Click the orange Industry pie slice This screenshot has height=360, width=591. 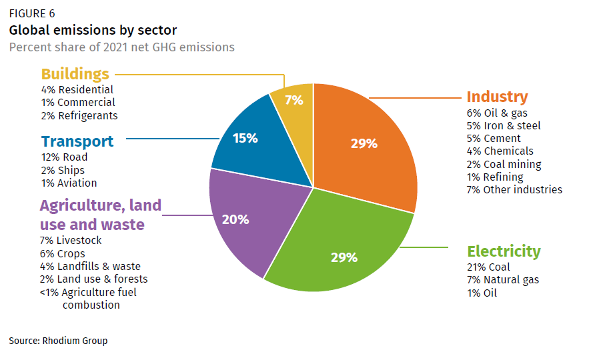click(364, 143)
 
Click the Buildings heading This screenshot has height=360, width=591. click(75, 74)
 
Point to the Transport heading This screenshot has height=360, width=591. click(77, 141)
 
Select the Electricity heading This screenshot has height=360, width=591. click(504, 251)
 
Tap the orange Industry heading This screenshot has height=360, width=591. click(497, 97)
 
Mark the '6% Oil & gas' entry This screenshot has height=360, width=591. click(497, 113)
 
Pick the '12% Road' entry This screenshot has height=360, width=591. click(64, 157)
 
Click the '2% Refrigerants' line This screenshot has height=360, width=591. click(79, 115)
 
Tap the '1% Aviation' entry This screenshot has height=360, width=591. click(69, 183)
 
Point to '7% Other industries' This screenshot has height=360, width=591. click(514, 189)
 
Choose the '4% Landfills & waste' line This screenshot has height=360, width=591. click(89, 266)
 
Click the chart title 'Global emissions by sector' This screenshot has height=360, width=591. click(93, 31)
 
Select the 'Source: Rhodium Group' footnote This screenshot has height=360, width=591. click(58, 341)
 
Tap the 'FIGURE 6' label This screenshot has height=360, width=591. click(32, 13)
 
